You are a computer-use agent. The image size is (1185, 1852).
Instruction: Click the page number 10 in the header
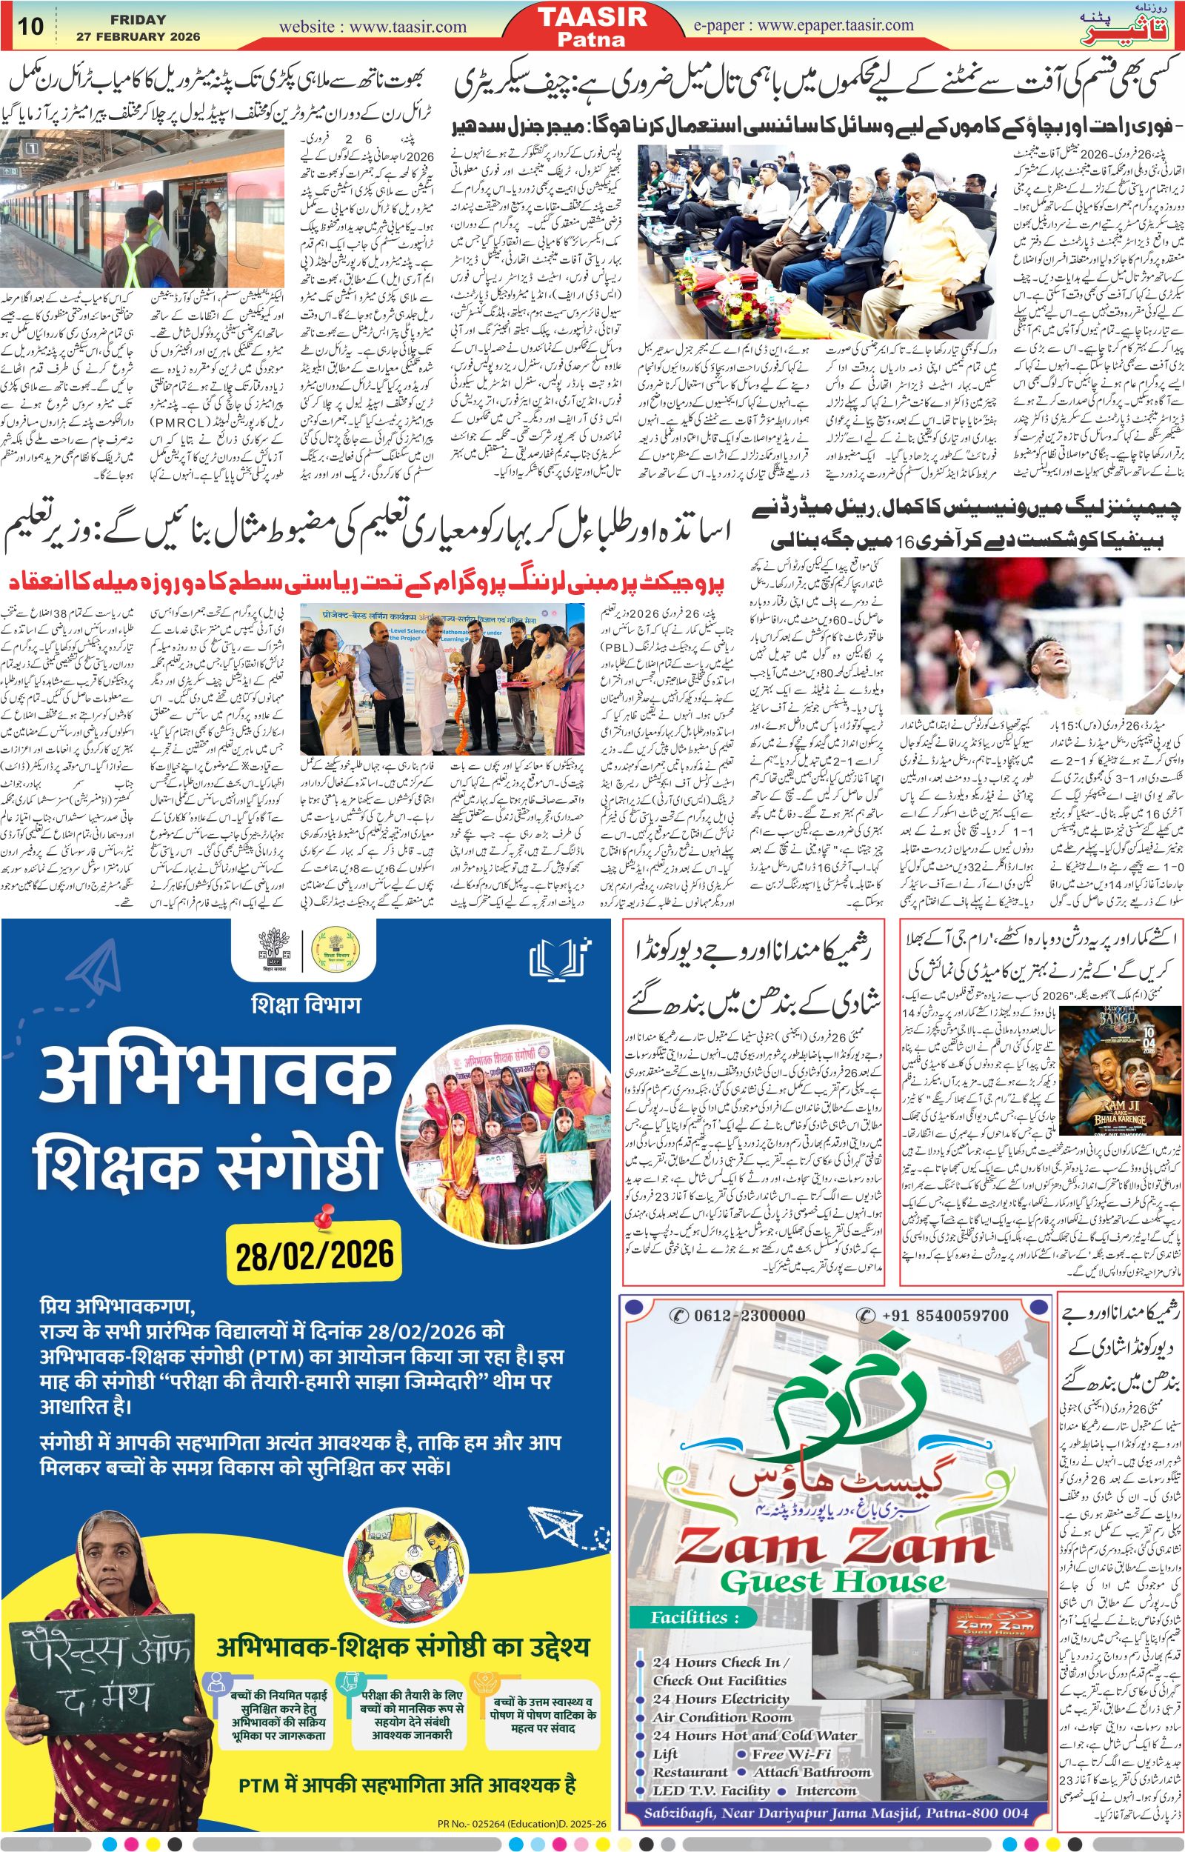click(x=31, y=25)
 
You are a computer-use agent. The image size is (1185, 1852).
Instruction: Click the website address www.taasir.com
click(x=373, y=27)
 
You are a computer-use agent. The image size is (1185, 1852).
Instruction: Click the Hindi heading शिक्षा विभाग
click(x=307, y=1003)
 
